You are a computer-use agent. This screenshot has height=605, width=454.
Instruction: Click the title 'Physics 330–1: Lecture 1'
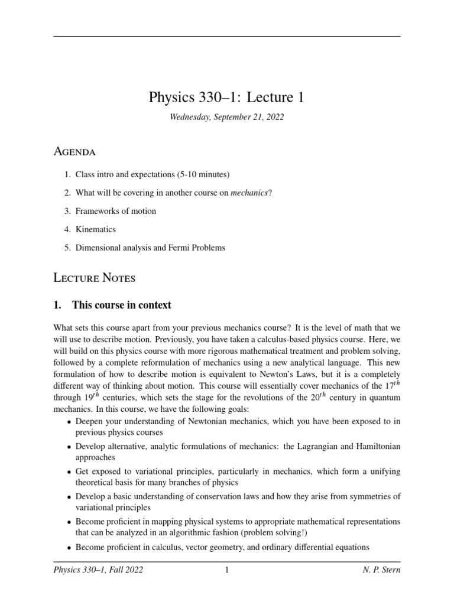pyautogui.click(x=227, y=97)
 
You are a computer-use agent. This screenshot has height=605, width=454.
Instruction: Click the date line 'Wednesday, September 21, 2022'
pyautogui.click(x=227, y=117)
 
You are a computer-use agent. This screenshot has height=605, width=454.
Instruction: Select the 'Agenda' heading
pyautogui.click(x=74, y=152)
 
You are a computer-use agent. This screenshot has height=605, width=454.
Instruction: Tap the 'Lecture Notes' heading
pyautogui.click(x=95, y=277)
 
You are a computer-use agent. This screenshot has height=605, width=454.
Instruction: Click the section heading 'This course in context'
pyautogui.click(x=121, y=305)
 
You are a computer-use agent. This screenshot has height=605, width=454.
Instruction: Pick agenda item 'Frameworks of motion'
pyautogui.click(x=116, y=211)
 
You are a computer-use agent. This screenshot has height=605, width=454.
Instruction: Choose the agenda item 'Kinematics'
pyautogui.click(x=96, y=229)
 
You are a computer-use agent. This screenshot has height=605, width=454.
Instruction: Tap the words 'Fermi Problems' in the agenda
pyautogui.click(x=197, y=248)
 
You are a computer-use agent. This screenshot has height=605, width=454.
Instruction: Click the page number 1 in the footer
pyautogui.click(x=227, y=570)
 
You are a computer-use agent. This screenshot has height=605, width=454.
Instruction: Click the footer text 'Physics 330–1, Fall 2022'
pyautogui.click(x=98, y=570)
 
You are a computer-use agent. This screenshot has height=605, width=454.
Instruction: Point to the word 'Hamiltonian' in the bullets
pyautogui.click(x=375, y=446)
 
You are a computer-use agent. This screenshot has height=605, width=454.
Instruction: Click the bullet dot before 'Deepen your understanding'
pyautogui.click(x=70, y=422)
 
